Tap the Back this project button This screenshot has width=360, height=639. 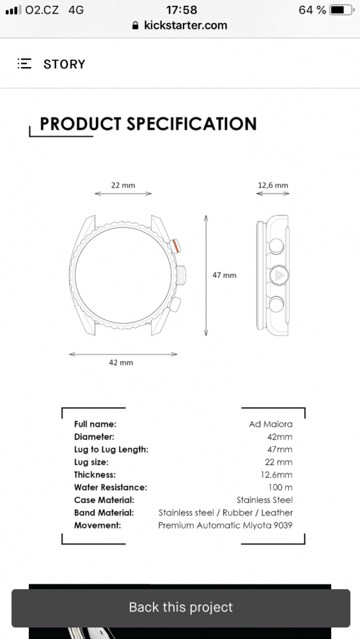pyautogui.click(x=180, y=608)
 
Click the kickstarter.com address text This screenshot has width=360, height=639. pyautogui.click(x=185, y=26)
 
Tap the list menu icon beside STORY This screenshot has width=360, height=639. pyautogui.click(x=24, y=63)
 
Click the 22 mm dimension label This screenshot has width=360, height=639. pyautogui.click(x=123, y=185)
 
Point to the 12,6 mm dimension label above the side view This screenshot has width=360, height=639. pyautogui.click(x=273, y=185)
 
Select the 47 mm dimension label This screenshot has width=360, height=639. pyautogui.click(x=224, y=275)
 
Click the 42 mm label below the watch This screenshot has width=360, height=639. pyautogui.click(x=121, y=362)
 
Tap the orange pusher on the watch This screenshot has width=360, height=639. pyautogui.click(x=176, y=246)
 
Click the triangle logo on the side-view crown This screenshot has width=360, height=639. pyautogui.click(x=279, y=275)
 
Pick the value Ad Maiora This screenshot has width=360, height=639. pyautogui.click(x=270, y=424)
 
